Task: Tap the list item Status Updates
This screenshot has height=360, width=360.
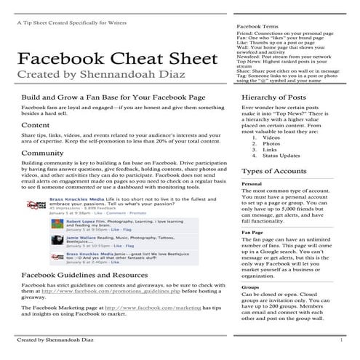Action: point(281,156)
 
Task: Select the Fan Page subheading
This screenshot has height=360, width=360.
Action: point(252,232)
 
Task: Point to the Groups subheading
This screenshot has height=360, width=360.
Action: point(250,287)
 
